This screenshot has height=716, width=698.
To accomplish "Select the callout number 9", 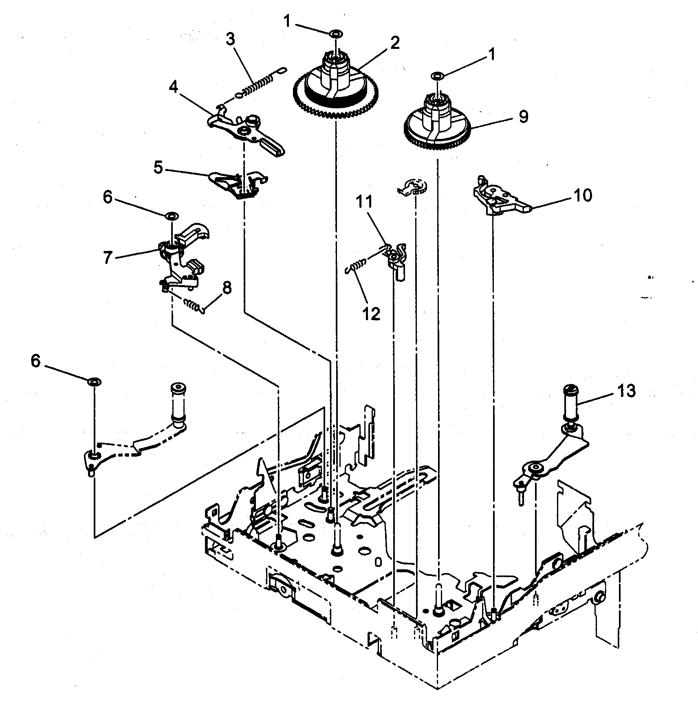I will [524, 116].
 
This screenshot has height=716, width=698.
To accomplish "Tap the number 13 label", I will [625, 391].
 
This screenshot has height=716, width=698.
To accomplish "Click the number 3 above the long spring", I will [230, 40].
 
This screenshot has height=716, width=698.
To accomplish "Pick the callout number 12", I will [371, 314].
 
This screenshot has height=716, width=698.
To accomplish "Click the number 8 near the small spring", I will [226, 288].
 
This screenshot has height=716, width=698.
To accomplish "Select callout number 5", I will [159, 167].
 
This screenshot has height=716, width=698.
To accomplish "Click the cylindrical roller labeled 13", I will [572, 406].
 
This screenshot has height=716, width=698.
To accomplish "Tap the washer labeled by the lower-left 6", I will [94, 382].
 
